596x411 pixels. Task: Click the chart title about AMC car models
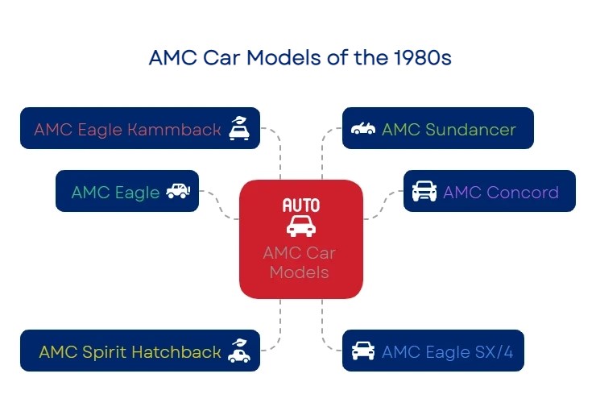[x=300, y=59]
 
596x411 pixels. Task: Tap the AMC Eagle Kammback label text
[x=127, y=129]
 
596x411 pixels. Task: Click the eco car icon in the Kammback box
[x=238, y=128]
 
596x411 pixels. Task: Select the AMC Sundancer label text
[x=449, y=129]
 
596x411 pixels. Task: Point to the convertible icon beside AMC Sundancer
[x=363, y=129]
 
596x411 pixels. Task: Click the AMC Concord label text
[x=500, y=192]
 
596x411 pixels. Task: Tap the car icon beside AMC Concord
[x=424, y=192]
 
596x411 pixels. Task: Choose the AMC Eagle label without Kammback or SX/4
[x=115, y=192]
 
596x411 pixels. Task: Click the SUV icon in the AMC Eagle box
[x=178, y=191]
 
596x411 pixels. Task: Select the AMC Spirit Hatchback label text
[x=130, y=352]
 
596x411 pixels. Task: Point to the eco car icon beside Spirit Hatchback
[x=238, y=351]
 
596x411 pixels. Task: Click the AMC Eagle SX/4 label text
[x=449, y=352]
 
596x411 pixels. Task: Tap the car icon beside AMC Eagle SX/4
[x=363, y=351]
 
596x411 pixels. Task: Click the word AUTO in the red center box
[x=300, y=205]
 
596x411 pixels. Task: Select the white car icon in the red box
[x=300, y=226]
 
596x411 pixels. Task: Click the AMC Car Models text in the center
[x=300, y=263]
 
